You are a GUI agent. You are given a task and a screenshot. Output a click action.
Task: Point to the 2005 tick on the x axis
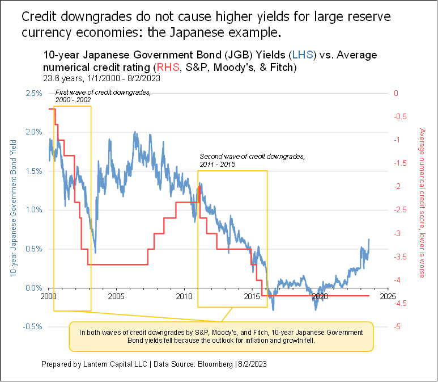[x=116, y=296]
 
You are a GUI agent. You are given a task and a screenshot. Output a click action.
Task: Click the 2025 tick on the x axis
[x=388, y=296]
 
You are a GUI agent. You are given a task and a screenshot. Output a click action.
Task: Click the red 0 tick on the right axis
[x=397, y=93]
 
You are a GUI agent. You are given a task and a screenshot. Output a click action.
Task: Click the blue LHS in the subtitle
[x=299, y=55]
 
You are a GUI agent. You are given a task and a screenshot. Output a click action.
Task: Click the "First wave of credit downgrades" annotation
[x=103, y=95]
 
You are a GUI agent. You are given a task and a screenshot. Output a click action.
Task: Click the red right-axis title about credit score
[x=422, y=203]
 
